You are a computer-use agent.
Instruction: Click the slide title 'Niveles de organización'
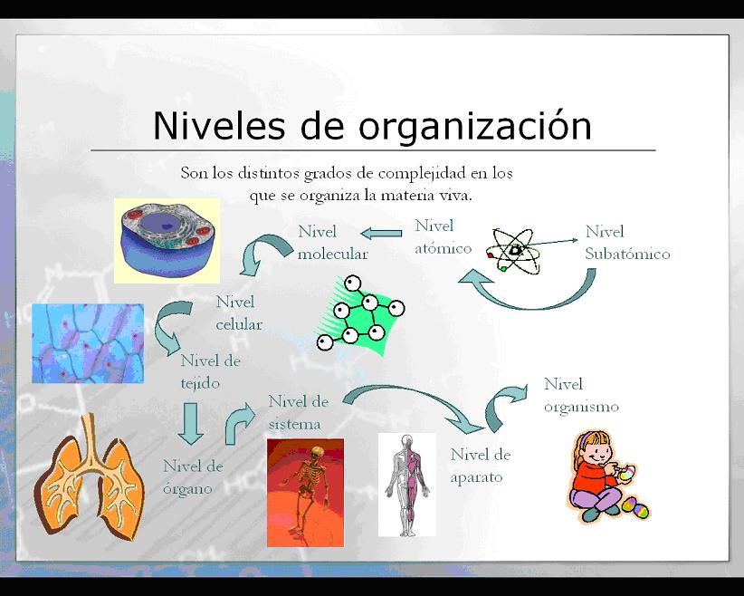pyautogui.click(x=372, y=125)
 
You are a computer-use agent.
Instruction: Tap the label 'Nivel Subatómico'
pyautogui.click(x=627, y=243)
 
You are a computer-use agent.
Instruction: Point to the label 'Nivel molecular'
pyautogui.click(x=332, y=243)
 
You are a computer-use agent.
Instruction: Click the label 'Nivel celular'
pyautogui.click(x=239, y=312)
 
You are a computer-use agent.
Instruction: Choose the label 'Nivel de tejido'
pyautogui.click(x=210, y=371)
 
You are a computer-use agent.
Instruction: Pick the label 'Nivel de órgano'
pyautogui.click(x=192, y=477)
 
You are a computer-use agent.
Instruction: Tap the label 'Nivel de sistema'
pyautogui.click(x=298, y=412)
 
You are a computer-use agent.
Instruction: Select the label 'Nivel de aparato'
pyautogui.click(x=480, y=466)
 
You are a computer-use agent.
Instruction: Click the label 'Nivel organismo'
pyautogui.click(x=581, y=395)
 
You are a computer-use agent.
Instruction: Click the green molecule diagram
pyautogui.click(x=361, y=312)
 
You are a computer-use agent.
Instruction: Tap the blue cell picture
pyautogui.click(x=167, y=240)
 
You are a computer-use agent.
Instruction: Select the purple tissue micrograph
pyautogui.click(x=87, y=343)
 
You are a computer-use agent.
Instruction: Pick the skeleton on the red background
pyautogui.click(x=305, y=492)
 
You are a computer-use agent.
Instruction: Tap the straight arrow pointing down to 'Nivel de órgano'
pyautogui.click(x=190, y=424)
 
